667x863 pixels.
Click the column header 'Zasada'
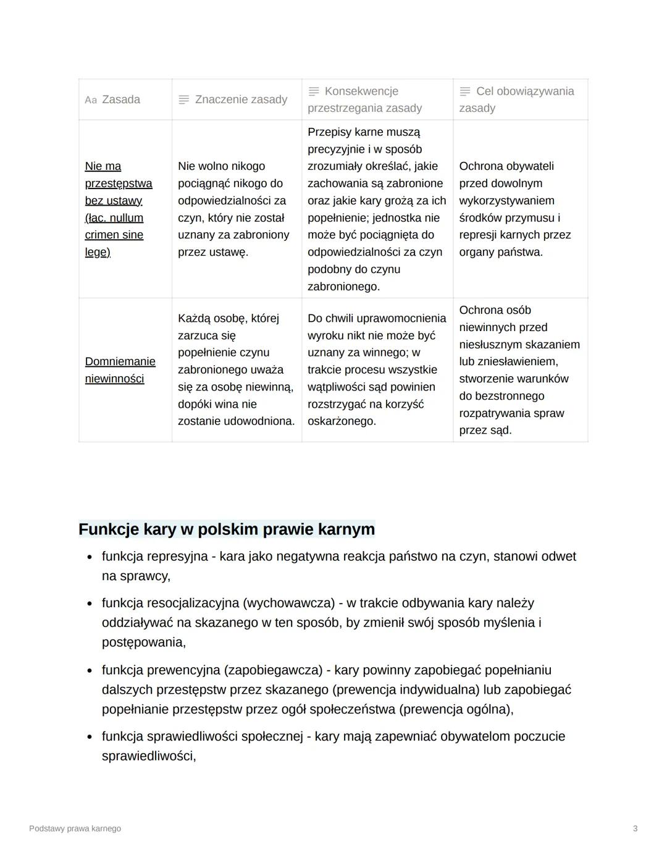120,99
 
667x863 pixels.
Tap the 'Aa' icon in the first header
91,100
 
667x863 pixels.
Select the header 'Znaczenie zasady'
241,99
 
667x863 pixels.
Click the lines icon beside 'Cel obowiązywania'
465,91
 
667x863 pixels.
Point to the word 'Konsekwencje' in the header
361,91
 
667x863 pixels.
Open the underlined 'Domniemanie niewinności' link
120,370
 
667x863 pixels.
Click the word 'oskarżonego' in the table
340,421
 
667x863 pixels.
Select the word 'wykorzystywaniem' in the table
506,201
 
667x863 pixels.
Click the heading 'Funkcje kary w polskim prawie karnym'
227,529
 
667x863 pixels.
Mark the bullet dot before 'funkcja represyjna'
90,557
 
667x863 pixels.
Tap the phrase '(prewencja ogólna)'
456,709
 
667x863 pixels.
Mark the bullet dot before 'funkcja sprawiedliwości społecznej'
90,737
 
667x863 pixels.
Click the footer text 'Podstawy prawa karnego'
75,828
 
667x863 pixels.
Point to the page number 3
635,828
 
